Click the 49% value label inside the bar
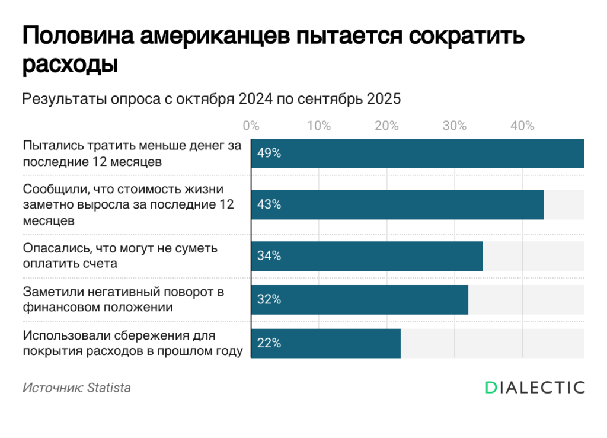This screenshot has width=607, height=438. [269, 154]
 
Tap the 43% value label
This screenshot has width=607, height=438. [269, 204]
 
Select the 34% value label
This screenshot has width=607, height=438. [269, 256]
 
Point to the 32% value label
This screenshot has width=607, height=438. [269, 299]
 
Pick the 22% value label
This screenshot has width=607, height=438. [269, 343]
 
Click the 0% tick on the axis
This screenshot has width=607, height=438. [251, 126]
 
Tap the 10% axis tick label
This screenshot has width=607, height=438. [319, 126]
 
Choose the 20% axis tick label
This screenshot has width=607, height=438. [386, 126]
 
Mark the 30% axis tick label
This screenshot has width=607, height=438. [455, 126]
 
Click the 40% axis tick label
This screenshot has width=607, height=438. [522, 126]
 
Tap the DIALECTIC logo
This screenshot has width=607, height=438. [535, 388]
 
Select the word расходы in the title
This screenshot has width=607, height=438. [70, 65]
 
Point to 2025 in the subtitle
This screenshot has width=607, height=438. [384, 99]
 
